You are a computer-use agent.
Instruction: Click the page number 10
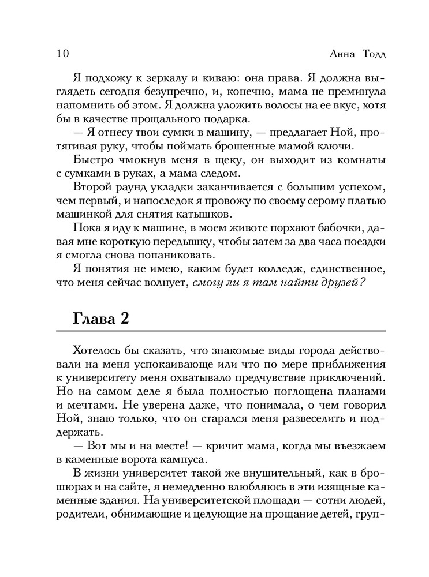point(63,54)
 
